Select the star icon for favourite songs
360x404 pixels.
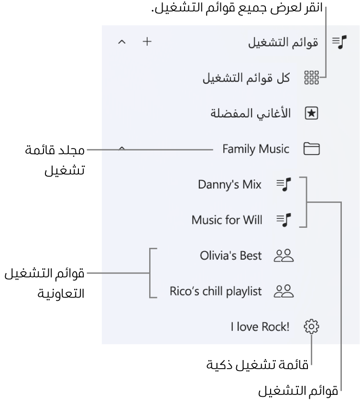[x=311, y=113]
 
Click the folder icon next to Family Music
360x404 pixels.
[x=312, y=149]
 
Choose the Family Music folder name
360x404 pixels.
[x=256, y=149]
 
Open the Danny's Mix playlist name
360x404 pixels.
[x=229, y=185]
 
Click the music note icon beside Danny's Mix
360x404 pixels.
[x=284, y=185]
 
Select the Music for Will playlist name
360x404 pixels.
[x=227, y=220]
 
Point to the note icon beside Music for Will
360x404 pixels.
[x=284, y=220]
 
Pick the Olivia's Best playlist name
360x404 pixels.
[x=231, y=256]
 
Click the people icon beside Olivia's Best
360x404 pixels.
[x=283, y=256]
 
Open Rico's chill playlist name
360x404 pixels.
[x=216, y=291]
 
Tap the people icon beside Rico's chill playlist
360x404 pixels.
[x=283, y=291]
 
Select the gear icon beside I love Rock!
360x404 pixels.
[x=311, y=327]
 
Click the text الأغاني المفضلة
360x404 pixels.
[x=252, y=114]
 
